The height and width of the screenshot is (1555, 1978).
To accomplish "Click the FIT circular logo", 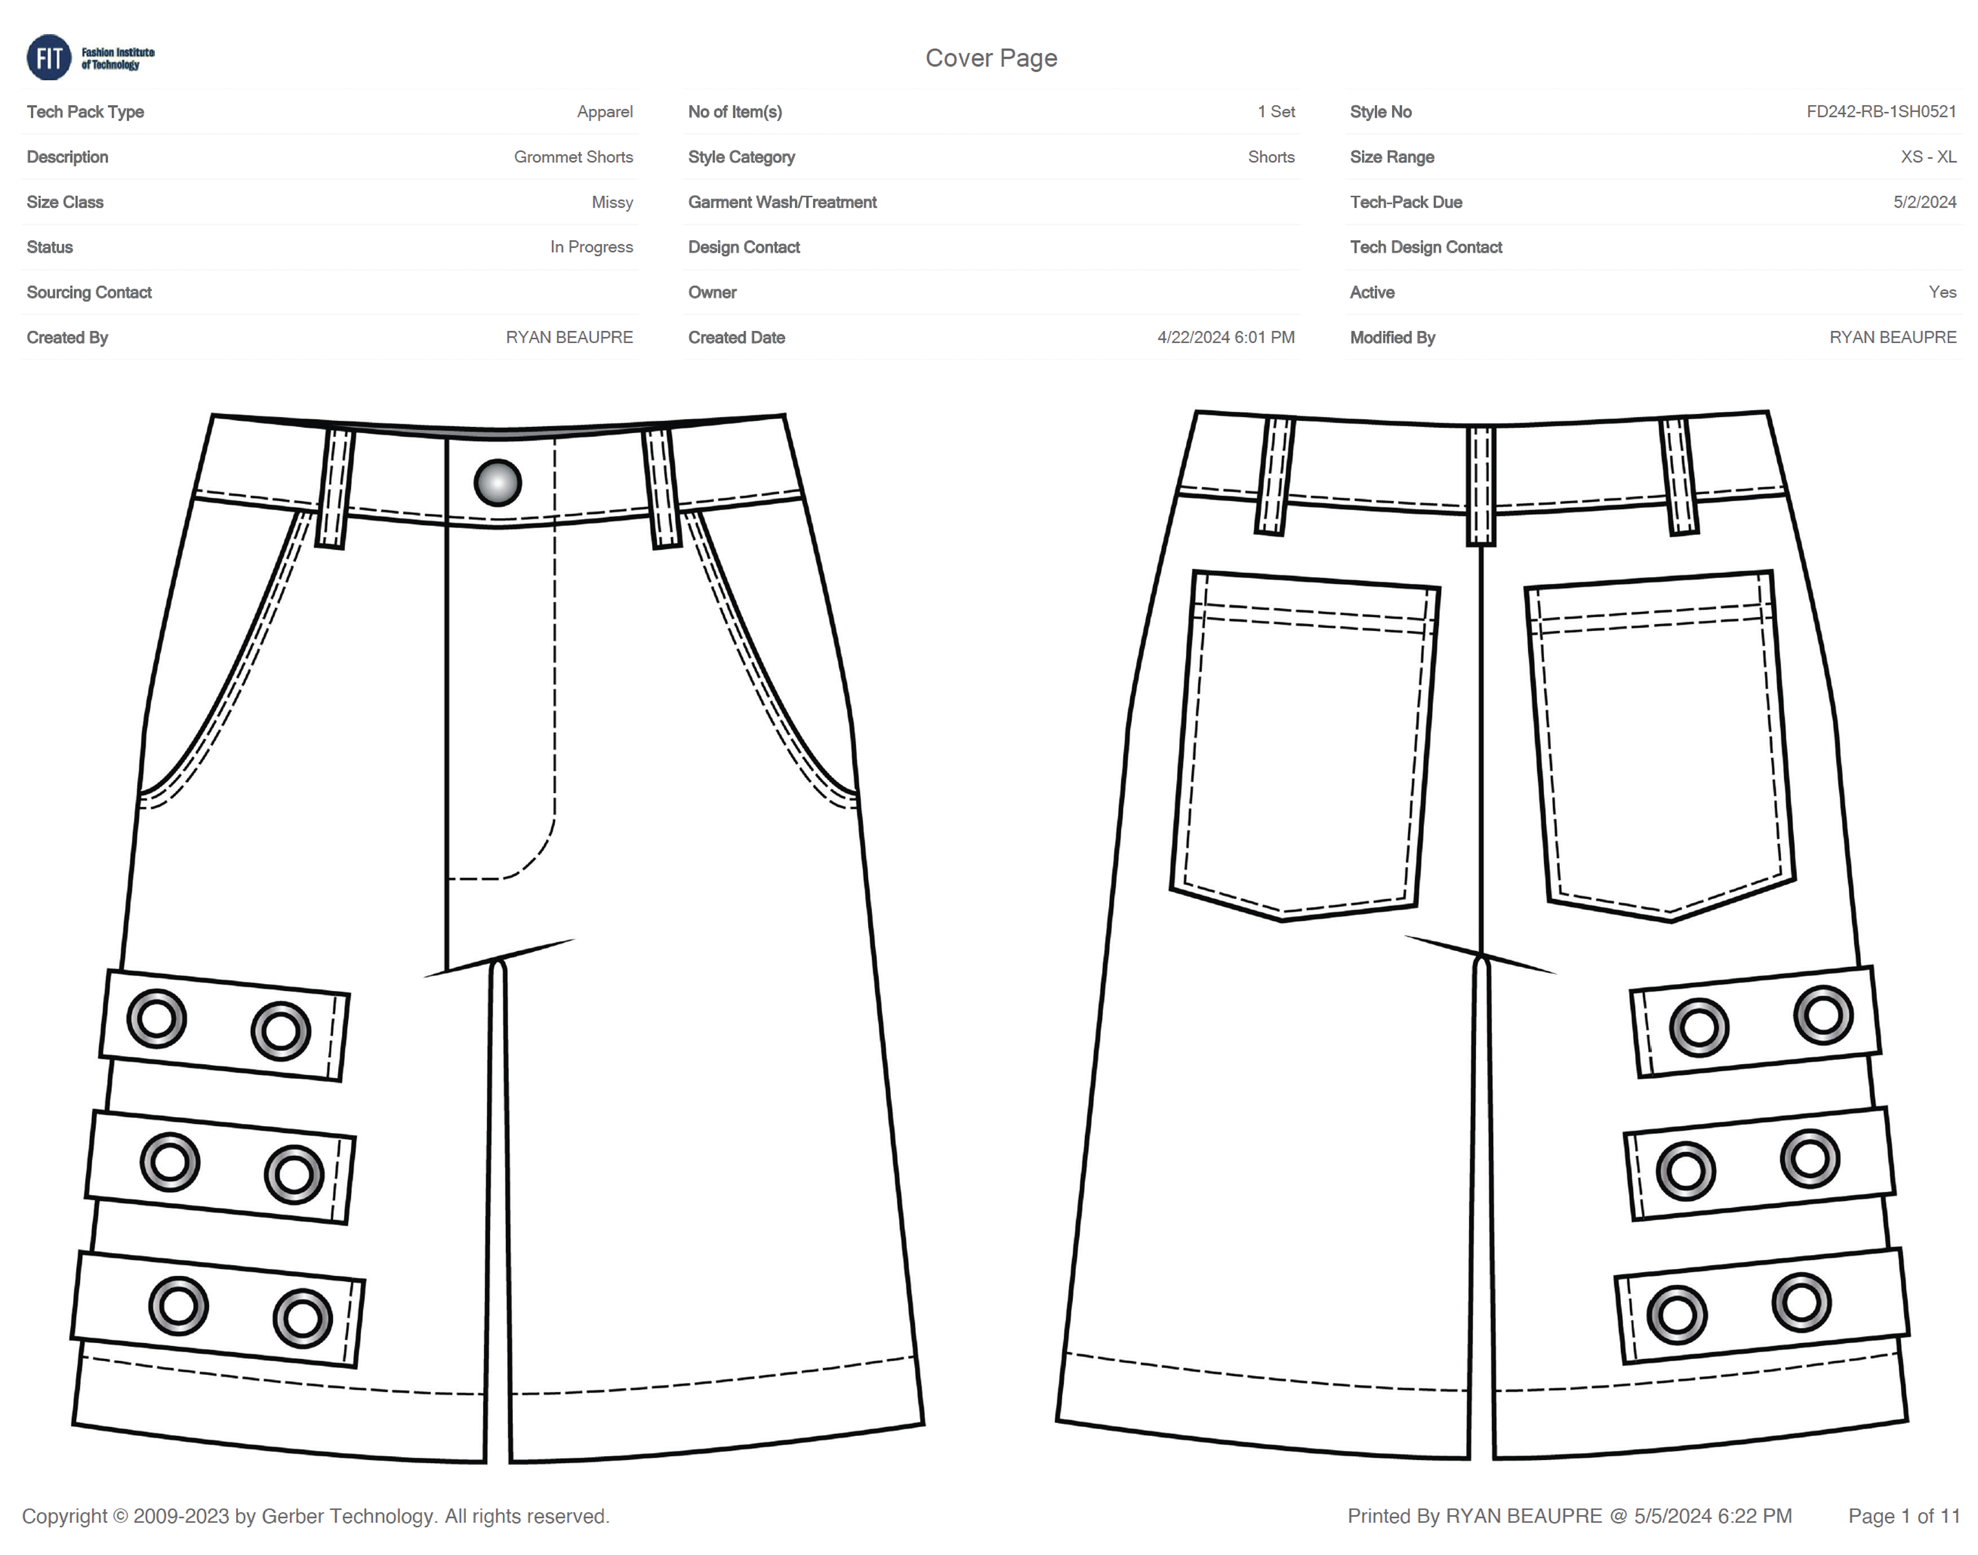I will [48, 57].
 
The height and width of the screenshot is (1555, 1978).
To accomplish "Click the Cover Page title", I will [991, 58].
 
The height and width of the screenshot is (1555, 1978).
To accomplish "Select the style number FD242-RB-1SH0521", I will [1881, 112].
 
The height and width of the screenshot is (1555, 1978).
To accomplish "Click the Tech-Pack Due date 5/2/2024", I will [1924, 202].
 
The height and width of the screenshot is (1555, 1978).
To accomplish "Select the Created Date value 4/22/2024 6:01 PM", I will [1225, 338].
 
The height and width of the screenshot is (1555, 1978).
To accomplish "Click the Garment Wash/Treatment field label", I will [782, 202].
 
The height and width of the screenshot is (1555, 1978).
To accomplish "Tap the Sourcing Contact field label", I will [89, 292].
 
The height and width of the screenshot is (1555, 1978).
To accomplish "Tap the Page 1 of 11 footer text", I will [1903, 1516].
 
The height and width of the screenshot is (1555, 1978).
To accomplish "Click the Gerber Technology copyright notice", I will [316, 1516].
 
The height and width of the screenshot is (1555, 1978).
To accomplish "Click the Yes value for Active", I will [1941, 292].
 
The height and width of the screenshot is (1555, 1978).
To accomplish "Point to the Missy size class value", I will [612, 202].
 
